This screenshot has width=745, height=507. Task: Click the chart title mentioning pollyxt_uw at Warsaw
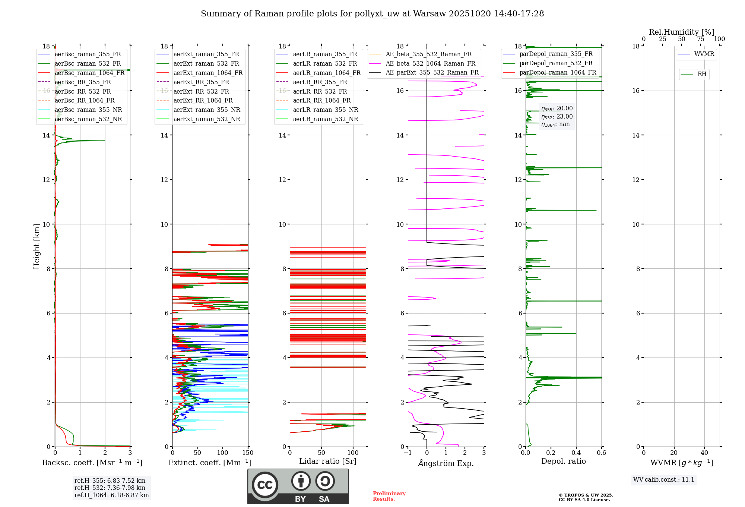(x=372, y=14)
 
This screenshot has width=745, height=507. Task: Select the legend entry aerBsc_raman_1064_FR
(x=89, y=73)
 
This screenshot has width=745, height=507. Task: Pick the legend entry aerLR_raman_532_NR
(x=325, y=119)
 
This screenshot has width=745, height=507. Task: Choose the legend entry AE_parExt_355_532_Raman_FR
(x=432, y=73)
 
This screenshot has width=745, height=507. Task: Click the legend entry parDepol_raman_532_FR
(x=556, y=63)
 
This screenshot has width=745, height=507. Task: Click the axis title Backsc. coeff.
(x=92, y=463)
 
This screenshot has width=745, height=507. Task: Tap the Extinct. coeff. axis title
(x=210, y=463)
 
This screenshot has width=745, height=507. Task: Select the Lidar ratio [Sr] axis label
(x=327, y=461)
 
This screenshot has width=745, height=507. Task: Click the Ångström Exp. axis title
(x=446, y=463)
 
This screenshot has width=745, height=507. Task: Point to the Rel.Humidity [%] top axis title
(x=681, y=32)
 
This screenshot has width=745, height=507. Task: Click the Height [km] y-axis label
(x=37, y=246)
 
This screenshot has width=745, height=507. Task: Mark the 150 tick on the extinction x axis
(x=248, y=453)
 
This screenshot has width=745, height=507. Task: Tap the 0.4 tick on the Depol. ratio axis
(x=576, y=453)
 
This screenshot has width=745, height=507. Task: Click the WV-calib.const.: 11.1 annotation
(x=663, y=480)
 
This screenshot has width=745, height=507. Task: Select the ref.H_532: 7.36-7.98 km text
(x=110, y=488)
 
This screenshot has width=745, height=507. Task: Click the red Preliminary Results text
(x=389, y=496)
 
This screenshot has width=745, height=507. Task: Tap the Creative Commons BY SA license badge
(x=298, y=486)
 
